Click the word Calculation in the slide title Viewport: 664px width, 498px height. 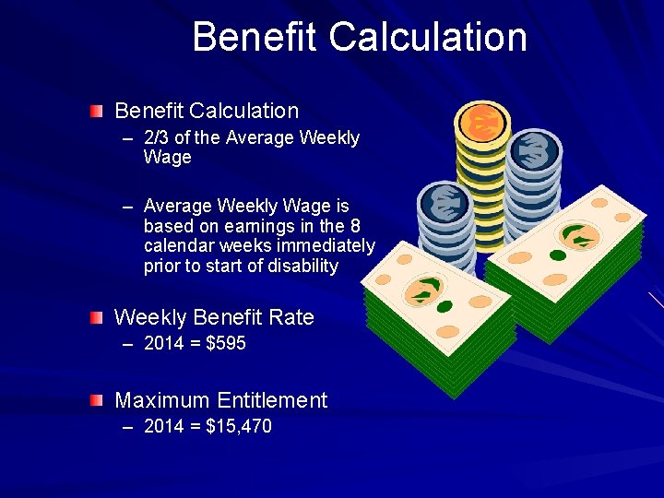click(427, 38)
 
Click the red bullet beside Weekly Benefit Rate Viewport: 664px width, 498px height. click(97, 318)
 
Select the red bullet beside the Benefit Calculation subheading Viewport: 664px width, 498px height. click(97, 112)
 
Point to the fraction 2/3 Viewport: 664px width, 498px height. click(157, 138)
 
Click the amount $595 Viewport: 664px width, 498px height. click(226, 344)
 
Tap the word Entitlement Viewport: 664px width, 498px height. click(273, 400)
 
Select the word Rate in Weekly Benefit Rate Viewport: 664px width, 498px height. click(292, 317)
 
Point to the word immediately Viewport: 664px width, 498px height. click(329, 245)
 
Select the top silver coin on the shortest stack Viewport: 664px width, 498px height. click(445, 202)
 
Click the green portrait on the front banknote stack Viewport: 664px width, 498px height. click(423, 293)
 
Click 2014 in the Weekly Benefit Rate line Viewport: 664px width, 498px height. click(164, 344)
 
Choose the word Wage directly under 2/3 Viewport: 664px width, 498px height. click(168, 158)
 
